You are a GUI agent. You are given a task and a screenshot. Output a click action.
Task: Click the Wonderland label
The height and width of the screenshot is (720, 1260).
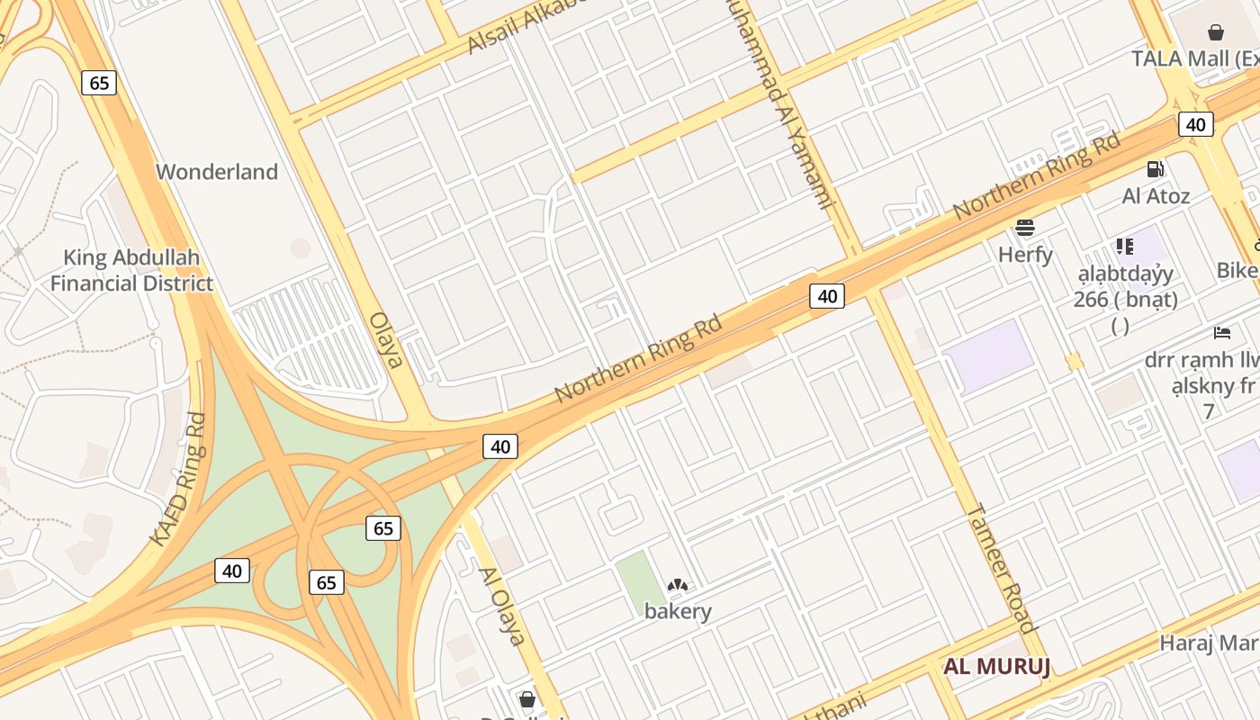click(x=217, y=172)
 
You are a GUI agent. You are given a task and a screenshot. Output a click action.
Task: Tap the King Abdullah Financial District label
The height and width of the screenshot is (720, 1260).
click(x=131, y=271)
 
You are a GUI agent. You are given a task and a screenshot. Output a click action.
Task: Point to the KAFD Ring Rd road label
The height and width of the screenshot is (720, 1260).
click(x=179, y=479)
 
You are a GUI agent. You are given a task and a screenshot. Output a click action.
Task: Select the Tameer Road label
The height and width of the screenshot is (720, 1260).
click(x=1001, y=568)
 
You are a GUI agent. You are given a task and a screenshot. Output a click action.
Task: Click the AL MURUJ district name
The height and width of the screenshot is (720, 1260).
click(x=997, y=668)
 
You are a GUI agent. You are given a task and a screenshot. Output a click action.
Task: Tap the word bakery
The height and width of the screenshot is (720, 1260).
click(x=678, y=611)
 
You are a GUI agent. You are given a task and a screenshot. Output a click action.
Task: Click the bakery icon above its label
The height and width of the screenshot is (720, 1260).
click(x=678, y=586)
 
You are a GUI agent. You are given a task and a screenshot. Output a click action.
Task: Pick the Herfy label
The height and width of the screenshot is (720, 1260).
click(x=1025, y=255)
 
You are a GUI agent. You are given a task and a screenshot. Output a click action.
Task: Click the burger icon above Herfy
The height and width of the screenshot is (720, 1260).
click(x=1025, y=228)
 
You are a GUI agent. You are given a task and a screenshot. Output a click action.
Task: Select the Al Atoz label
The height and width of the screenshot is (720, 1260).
click(x=1156, y=196)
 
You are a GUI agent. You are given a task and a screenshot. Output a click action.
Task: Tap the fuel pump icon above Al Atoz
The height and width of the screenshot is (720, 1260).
click(x=1155, y=169)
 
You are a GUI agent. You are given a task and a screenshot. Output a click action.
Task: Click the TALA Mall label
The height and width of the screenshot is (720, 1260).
click(x=1193, y=59)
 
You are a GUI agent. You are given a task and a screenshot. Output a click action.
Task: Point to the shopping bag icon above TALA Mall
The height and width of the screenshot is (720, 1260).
click(x=1216, y=33)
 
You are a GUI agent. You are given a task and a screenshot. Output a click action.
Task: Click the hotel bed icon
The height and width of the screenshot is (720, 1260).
click(x=1221, y=333)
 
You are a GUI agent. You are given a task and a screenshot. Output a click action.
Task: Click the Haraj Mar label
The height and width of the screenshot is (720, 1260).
click(x=1209, y=643)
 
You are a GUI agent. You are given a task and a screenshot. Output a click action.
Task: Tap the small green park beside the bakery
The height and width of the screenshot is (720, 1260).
click(x=640, y=581)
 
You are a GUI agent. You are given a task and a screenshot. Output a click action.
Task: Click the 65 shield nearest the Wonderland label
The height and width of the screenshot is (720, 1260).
click(x=99, y=83)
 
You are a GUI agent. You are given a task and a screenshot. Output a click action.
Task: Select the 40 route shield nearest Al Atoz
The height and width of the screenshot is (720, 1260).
click(x=1195, y=124)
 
